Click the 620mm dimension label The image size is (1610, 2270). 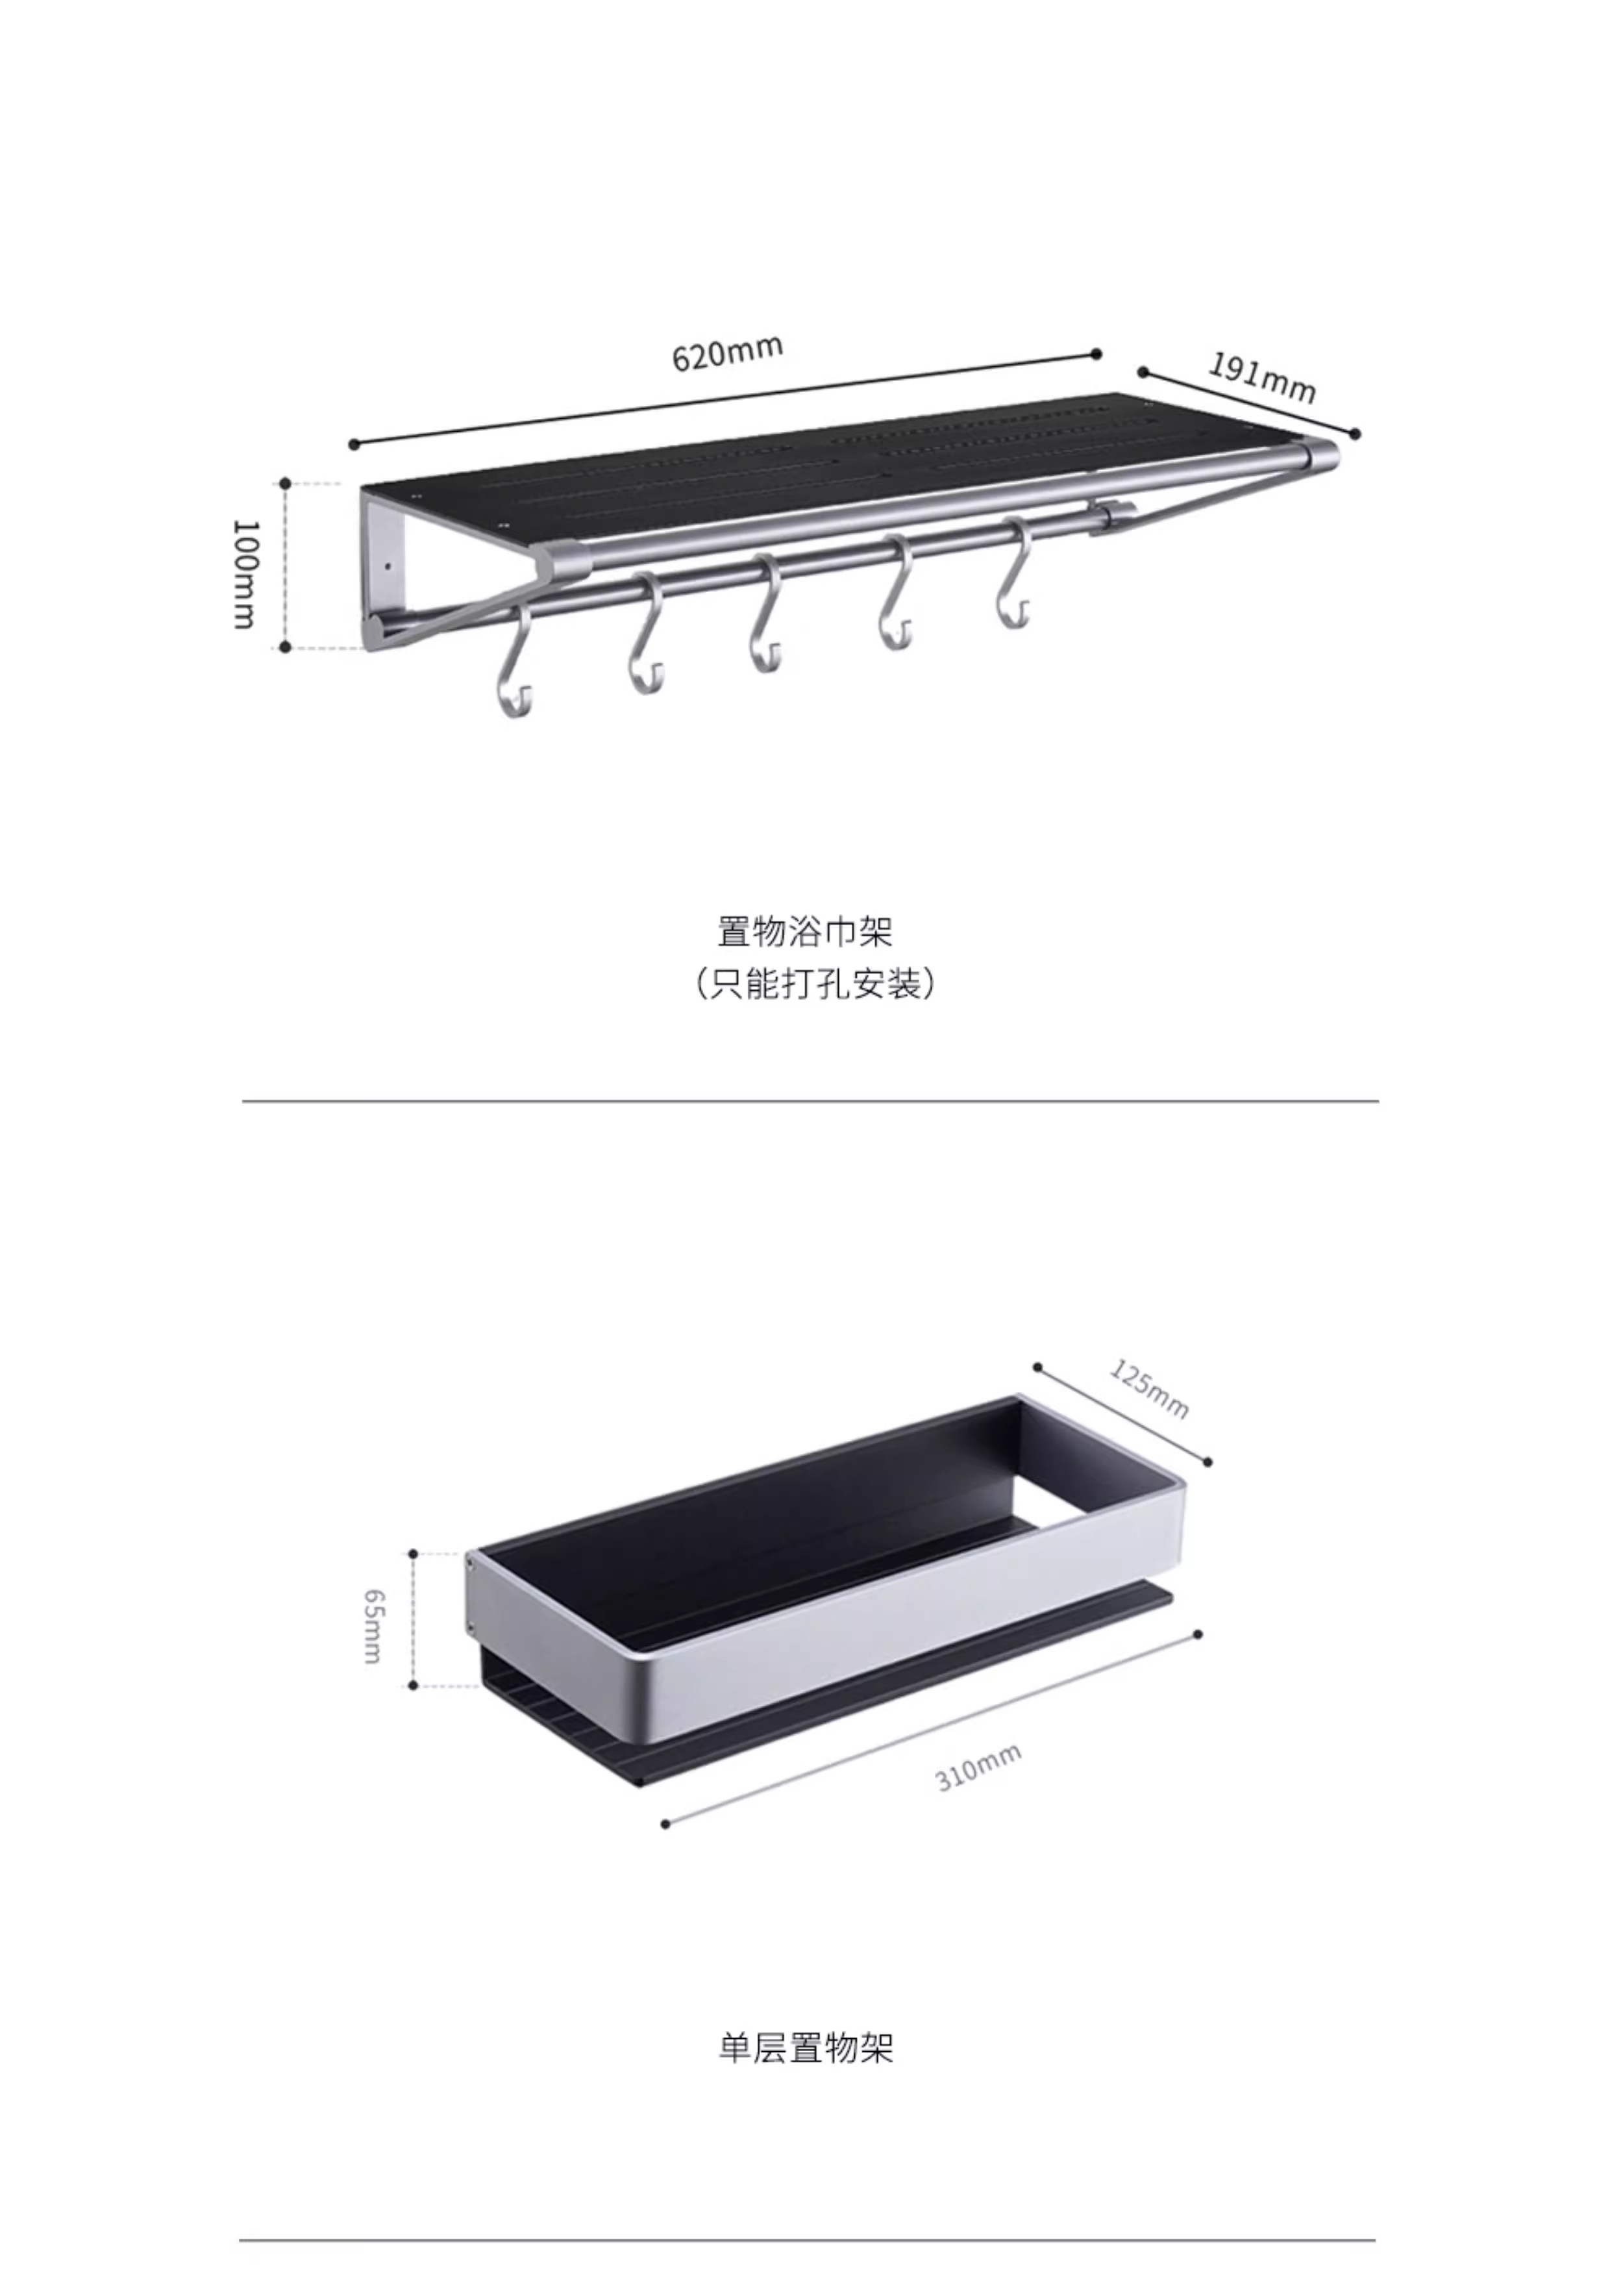coord(728,352)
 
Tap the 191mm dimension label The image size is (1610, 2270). coord(1261,379)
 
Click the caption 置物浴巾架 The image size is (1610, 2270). coord(805,932)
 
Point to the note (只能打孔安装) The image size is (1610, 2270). coord(813,983)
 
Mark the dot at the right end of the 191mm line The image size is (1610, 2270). coord(1356,433)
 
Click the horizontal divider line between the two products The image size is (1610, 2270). coord(809,1101)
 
